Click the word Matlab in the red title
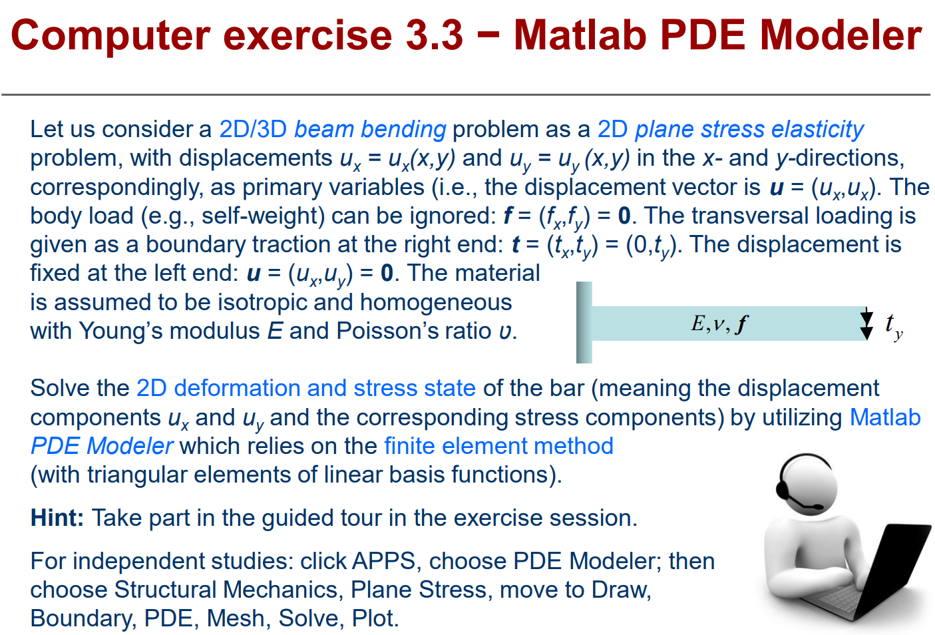click(580, 35)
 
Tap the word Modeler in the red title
click(841, 35)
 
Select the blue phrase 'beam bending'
click(370, 129)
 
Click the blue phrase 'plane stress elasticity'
click(749, 129)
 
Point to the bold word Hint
click(57, 518)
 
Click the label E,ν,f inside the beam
click(719, 323)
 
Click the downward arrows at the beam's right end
click(866, 323)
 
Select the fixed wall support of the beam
click(584, 322)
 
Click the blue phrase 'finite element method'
click(499, 446)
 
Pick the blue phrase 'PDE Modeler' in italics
click(102, 446)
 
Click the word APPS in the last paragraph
click(383, 560)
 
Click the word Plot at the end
click(375, 618)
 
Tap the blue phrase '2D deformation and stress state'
click(306, 388)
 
